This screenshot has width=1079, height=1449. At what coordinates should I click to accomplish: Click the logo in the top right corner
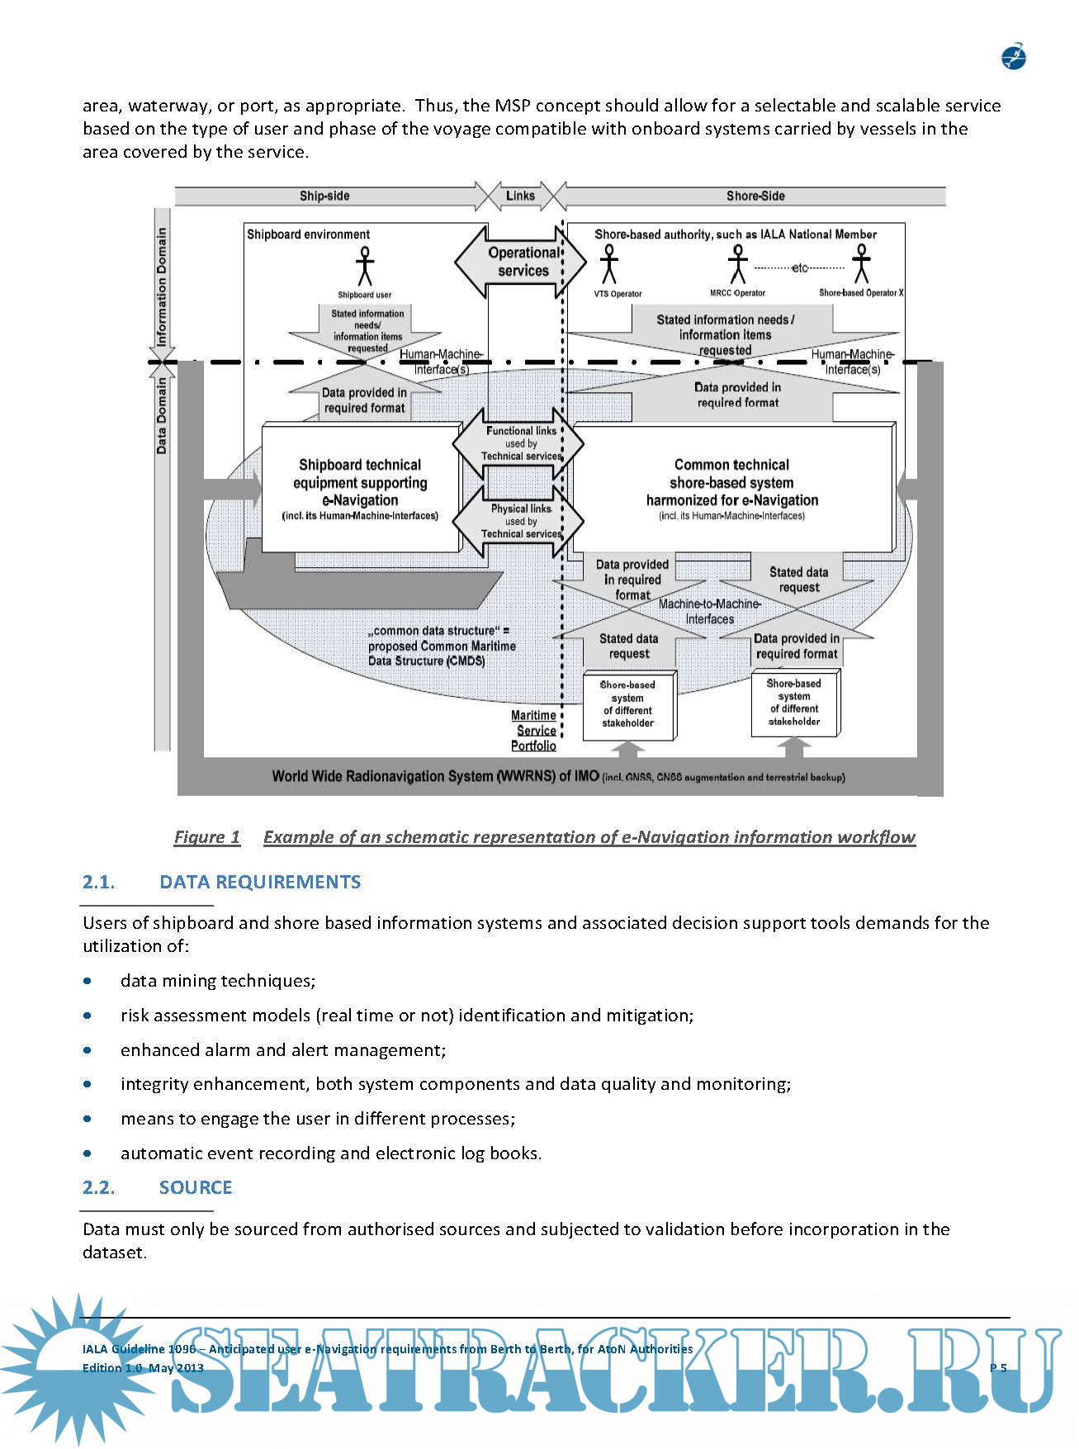[1013, 56]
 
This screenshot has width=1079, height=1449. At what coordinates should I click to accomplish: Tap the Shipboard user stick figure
[364, 267]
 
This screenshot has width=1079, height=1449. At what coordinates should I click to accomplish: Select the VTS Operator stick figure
[609, 263]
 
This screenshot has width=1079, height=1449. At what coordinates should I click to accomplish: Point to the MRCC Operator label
[737, 293]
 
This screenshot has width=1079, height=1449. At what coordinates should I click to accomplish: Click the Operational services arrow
[522, 262]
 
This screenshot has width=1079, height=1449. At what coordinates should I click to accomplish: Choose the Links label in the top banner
[520, 196]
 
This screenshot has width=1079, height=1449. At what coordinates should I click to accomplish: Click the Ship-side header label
[324, 196]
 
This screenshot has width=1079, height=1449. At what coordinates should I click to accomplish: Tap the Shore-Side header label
[755, 196]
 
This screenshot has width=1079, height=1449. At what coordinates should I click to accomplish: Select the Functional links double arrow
[520, 444]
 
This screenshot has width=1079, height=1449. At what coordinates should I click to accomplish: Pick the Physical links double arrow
[520, 522]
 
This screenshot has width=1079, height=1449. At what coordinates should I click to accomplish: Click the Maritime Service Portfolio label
[534, 731]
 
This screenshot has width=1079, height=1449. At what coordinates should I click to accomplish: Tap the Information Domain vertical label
[162, 286]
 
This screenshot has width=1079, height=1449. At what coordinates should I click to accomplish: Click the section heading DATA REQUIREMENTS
[260, 882]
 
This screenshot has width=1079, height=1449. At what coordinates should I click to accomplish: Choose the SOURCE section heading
[196, 1187]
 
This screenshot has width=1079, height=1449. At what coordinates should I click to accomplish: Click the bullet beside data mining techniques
[88, 981]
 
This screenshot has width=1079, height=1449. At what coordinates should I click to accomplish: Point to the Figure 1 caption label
[207, 837]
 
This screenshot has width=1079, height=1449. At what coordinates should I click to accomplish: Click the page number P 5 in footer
[998, 1368]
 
